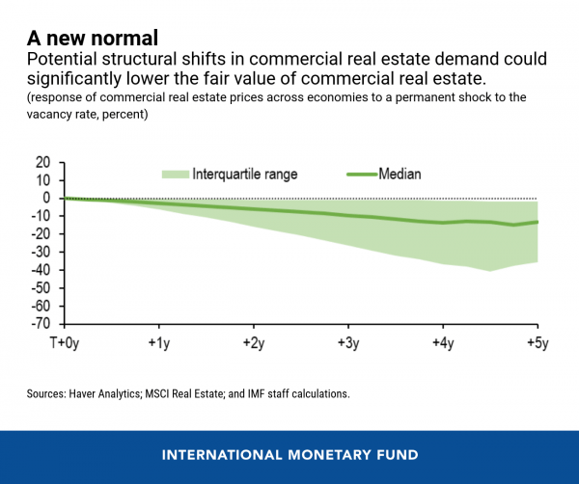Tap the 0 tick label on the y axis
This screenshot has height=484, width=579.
click(x=46, y=198)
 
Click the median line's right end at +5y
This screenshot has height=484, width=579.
click(x=537, y=222)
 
